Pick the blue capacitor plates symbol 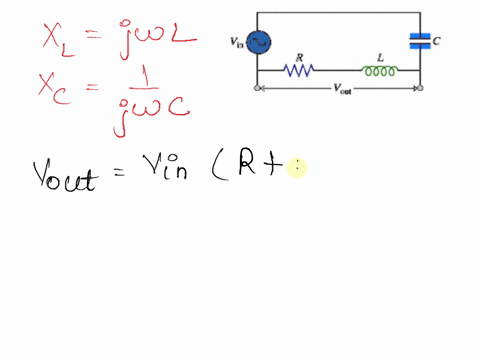(x=420, y=41)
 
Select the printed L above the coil (x=378, y=58)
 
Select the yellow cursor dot (x=297, y=169)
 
